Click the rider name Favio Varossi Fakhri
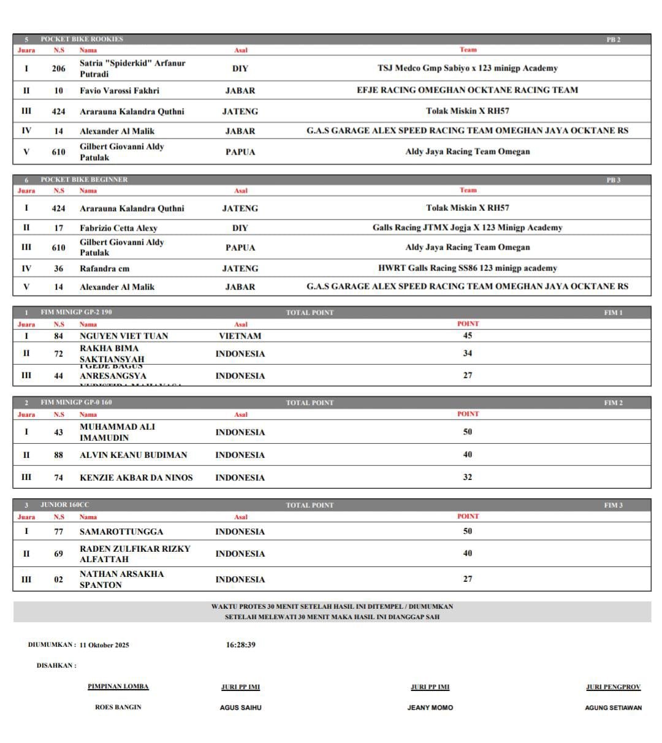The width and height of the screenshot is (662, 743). point(120,91)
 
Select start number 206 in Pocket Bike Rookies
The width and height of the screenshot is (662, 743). point(58,69)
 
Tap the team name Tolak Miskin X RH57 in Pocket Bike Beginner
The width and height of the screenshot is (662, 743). point(467,208)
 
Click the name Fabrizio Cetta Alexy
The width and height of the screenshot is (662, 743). point(118,228)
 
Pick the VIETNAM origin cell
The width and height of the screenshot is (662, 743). point(240,336)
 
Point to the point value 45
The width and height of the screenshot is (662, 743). point(467,335)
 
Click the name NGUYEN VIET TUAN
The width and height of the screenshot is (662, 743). point(124,336)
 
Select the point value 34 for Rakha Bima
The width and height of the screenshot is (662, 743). point(467,353)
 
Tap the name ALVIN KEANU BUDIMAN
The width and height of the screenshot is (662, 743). point(134,455)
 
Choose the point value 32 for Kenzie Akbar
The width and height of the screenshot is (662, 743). point(467,477)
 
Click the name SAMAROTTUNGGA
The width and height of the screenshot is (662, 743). point(121,532)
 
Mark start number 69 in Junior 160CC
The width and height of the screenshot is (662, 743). point(58,554)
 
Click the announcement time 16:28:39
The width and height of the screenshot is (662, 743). point(240,645)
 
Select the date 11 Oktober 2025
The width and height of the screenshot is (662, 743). point(104,645)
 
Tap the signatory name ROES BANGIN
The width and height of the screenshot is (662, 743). point(118,707)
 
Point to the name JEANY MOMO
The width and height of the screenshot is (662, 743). point(430,707)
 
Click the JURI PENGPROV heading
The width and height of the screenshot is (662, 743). point(613,687)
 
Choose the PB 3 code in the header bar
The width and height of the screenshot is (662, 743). point(613,180)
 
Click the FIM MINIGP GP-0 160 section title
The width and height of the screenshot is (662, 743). point(76,403)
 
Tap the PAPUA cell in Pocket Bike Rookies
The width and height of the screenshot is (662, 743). point(240,152)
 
